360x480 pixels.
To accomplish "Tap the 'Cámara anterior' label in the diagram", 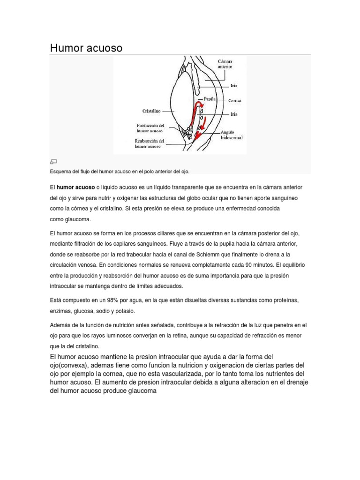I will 225,64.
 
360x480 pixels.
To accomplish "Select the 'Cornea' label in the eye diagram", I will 235,100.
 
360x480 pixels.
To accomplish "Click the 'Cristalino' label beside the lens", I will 151,111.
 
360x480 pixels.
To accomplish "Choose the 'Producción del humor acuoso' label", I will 150,128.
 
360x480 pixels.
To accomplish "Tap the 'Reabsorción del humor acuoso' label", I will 149,143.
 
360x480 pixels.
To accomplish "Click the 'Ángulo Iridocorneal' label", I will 231,135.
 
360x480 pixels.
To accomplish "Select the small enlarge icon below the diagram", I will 54,162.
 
